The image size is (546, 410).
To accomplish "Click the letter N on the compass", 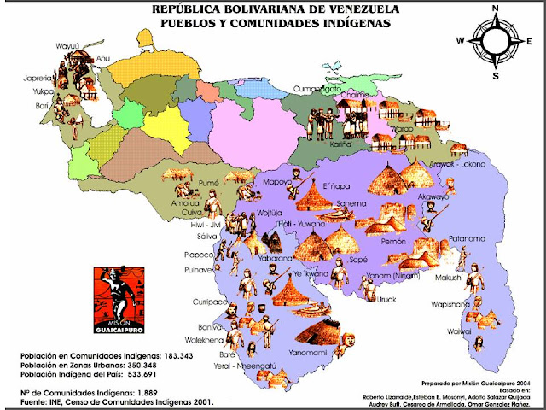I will coord(494,8).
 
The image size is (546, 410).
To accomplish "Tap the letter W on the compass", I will coord(460,40).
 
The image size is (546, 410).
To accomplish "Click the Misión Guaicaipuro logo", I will coord(118,300).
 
